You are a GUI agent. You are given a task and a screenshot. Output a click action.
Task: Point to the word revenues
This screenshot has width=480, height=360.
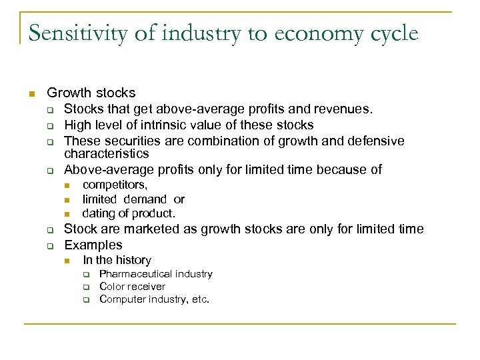click(x=347, y=109)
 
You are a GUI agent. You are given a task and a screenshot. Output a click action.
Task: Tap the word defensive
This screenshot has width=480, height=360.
click(x=371, y=141)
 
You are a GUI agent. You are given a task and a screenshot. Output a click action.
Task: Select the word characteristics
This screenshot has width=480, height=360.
click(x=106, y=154)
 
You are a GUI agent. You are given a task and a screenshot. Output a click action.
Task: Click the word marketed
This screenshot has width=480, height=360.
click(x=155, y=229)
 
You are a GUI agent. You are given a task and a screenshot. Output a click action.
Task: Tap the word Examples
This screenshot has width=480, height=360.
click(x=93, y=245)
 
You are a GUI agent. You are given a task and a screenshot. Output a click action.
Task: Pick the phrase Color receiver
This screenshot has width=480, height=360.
click(x=132, y=287)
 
